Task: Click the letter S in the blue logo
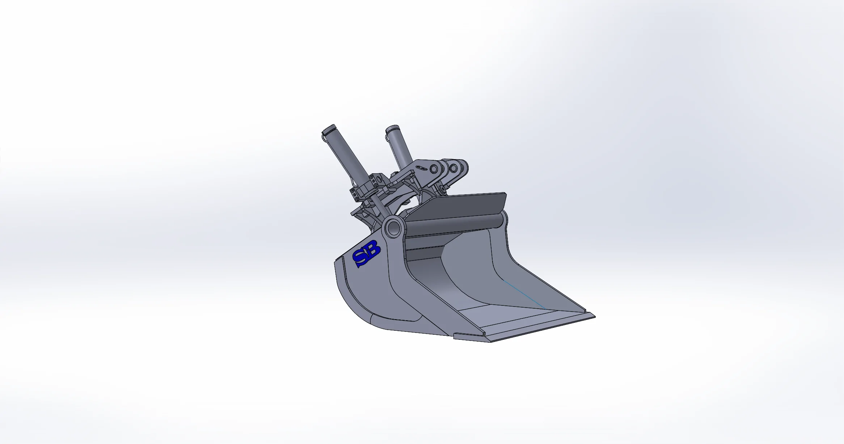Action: pyautogui.click(x=360, y=258)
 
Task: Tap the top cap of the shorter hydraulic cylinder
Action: pyautogui.click(x=393, y=128)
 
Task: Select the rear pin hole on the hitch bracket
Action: pyautogui.click(x=434, y=169)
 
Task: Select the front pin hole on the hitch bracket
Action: pyautogui.click(x=453, y=168)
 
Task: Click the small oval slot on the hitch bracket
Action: pyautogui.click(x=421, y=168)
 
